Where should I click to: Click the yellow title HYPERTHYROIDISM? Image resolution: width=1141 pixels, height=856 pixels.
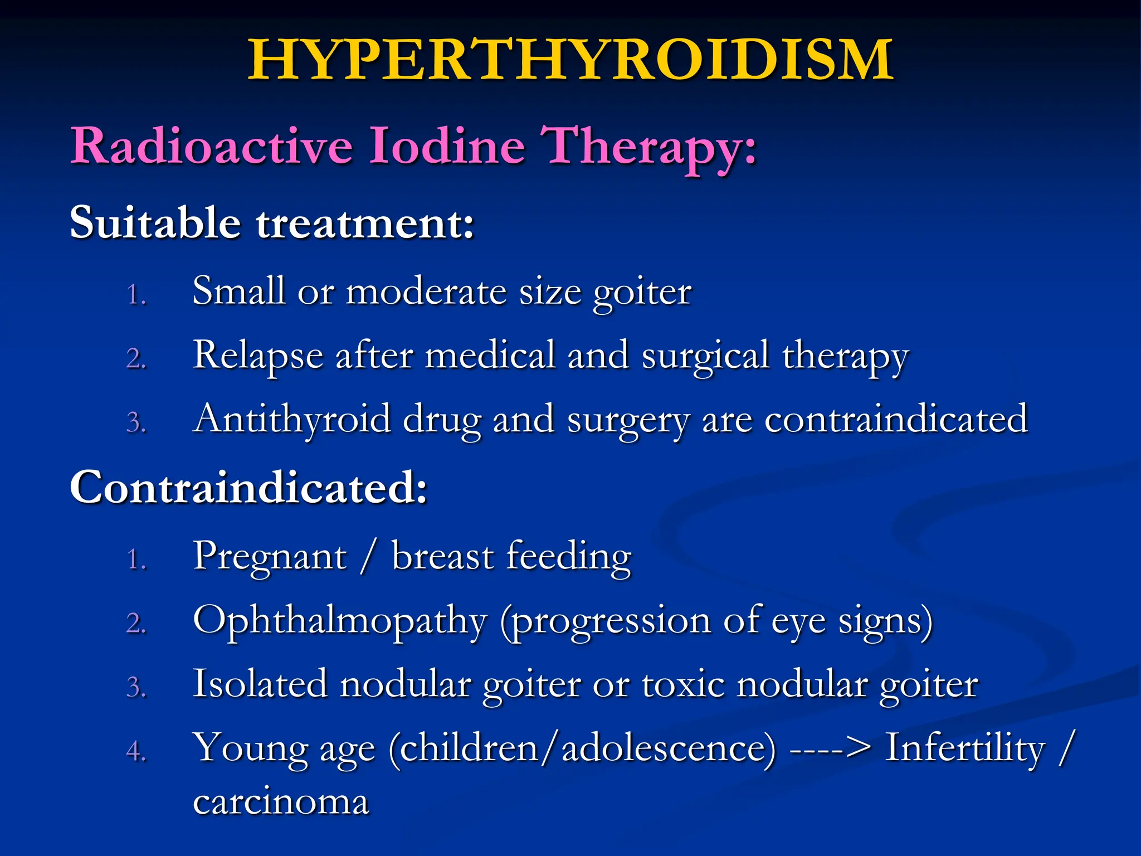pos(570,60)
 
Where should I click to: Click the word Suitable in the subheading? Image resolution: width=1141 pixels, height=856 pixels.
pos(155,222)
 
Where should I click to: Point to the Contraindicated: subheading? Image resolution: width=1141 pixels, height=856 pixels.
pos(248,487)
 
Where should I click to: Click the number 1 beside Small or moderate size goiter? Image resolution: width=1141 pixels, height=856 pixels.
pos(136,295)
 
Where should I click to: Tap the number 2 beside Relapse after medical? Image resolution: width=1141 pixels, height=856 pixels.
pos(136,358)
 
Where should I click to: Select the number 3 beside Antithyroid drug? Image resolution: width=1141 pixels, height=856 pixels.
pos(136,422)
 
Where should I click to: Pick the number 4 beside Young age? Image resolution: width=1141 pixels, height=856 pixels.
pos(136,751)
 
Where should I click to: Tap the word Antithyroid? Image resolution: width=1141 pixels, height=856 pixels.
pos(291,419)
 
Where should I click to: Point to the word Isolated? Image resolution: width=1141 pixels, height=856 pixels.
pos(260,683)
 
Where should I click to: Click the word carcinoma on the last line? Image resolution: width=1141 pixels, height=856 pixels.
pos(281,802)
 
